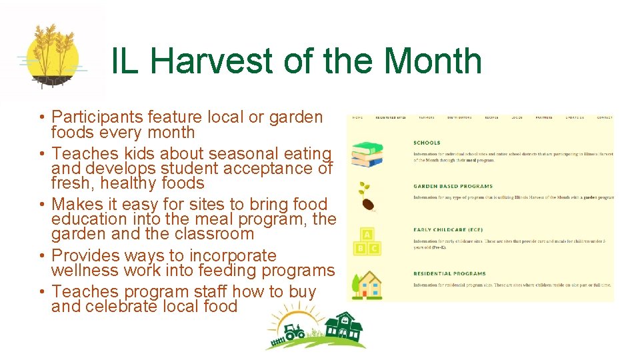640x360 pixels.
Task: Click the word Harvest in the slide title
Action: [211, 61]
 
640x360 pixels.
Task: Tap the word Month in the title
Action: [432, 61]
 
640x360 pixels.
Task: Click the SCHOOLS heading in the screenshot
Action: [427, 143]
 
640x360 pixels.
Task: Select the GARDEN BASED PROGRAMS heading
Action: [453, 186]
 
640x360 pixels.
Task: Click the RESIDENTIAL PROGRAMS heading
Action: [449, 273]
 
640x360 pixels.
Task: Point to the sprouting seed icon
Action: [365, 196]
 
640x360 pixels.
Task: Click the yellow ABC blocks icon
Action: [367, 241]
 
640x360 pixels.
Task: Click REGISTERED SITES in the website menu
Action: [391, 118]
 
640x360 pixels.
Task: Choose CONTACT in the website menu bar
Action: [604, 118]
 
